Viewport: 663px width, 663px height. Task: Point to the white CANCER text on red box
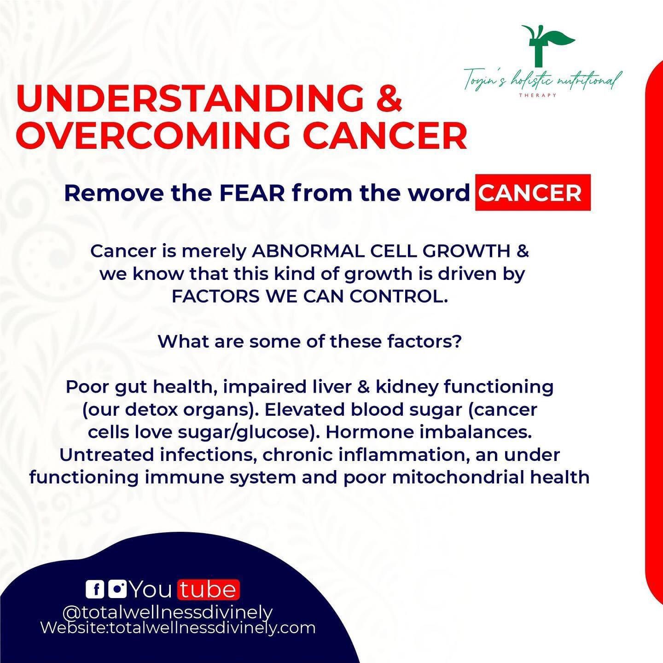pos(533,193)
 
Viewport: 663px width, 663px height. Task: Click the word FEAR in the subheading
pos(252,193)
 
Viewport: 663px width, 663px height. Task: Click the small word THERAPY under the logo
pos(538,95)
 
